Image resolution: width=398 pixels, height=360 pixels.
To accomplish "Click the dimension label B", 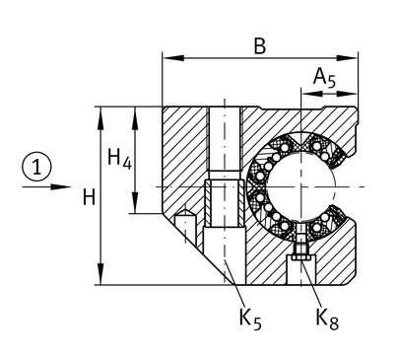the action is point(260,46).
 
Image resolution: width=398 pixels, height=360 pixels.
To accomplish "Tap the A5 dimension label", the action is point(324,78).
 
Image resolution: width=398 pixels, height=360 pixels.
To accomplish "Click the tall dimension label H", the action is point(89,197).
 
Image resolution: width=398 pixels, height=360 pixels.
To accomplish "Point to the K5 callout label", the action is point(250,318).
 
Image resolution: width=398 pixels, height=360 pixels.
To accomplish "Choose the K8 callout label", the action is point(327,318).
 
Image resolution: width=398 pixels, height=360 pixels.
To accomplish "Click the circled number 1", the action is point(36,167).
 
